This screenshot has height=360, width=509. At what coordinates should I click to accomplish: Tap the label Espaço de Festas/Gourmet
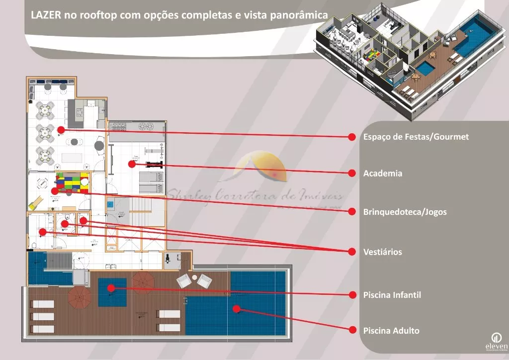click(x=416, y=137)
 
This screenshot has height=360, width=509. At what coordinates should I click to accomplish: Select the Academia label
click(x=382, y=174)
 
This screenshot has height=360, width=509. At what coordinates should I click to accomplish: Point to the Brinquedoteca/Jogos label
click(x=405, y=212)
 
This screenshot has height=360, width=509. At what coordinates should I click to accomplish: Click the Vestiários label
click(x=382, y=252)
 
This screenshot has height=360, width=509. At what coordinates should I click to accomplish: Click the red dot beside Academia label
click(x=352, y=173)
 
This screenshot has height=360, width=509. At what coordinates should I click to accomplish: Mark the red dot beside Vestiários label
click(x=352, y=251)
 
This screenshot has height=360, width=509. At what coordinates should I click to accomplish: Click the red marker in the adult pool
click(x=237, y=309)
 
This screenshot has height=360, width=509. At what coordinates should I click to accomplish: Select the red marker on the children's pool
click(x=111, y=287)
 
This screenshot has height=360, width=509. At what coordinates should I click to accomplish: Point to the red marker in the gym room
click(x=132, y=163)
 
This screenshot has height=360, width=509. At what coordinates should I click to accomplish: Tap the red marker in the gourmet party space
click(x=61, y=130)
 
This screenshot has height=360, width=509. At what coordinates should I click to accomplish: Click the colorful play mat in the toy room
click(x=72, y=182)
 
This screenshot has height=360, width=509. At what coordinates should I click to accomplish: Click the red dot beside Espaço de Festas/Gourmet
click(x=352, y=136)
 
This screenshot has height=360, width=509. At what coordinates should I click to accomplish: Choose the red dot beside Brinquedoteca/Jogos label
click(x=352, y=211)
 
